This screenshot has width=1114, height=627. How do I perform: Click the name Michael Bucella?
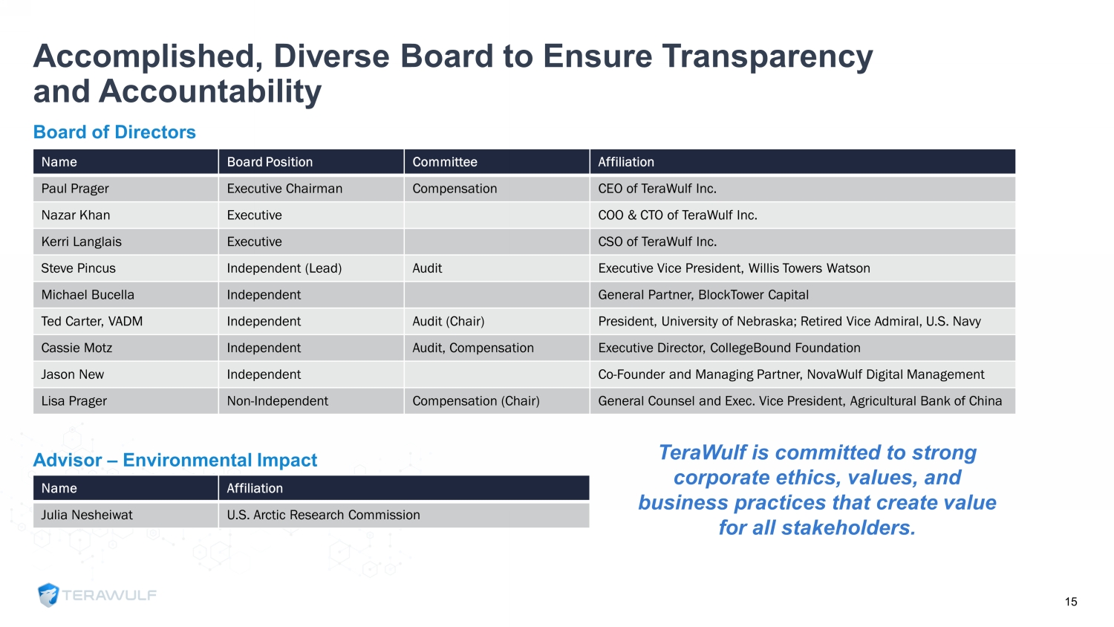click(88, 295)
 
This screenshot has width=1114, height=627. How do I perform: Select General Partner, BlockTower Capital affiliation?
click(703, 295)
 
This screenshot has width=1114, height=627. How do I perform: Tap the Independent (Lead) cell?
click(284, 268)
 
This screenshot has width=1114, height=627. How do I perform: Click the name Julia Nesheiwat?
click(87, 515)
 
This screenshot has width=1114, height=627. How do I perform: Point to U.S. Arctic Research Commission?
click(323, 515)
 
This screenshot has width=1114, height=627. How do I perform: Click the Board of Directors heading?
click(114, 132)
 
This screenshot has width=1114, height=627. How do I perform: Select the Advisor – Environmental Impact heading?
click(175, 460)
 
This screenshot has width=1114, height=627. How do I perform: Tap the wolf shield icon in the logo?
click(48, 595)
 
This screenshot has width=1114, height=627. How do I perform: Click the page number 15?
click(1071, 602)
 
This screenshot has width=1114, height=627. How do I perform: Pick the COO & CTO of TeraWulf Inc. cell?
click(677, 215)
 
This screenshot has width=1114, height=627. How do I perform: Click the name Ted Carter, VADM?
click(92, 322)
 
